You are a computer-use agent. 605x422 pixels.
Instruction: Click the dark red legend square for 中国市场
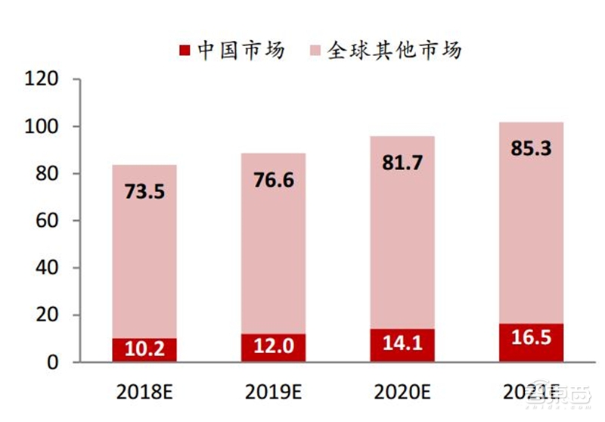185,51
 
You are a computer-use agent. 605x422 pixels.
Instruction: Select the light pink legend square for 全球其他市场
315,51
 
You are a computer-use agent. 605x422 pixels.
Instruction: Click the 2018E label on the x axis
144,392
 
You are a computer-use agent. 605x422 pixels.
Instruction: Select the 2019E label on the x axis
273,392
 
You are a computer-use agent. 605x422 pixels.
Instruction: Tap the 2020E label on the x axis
402,392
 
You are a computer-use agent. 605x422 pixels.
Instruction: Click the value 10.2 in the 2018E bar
144,349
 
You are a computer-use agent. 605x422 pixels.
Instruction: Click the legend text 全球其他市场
394,51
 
